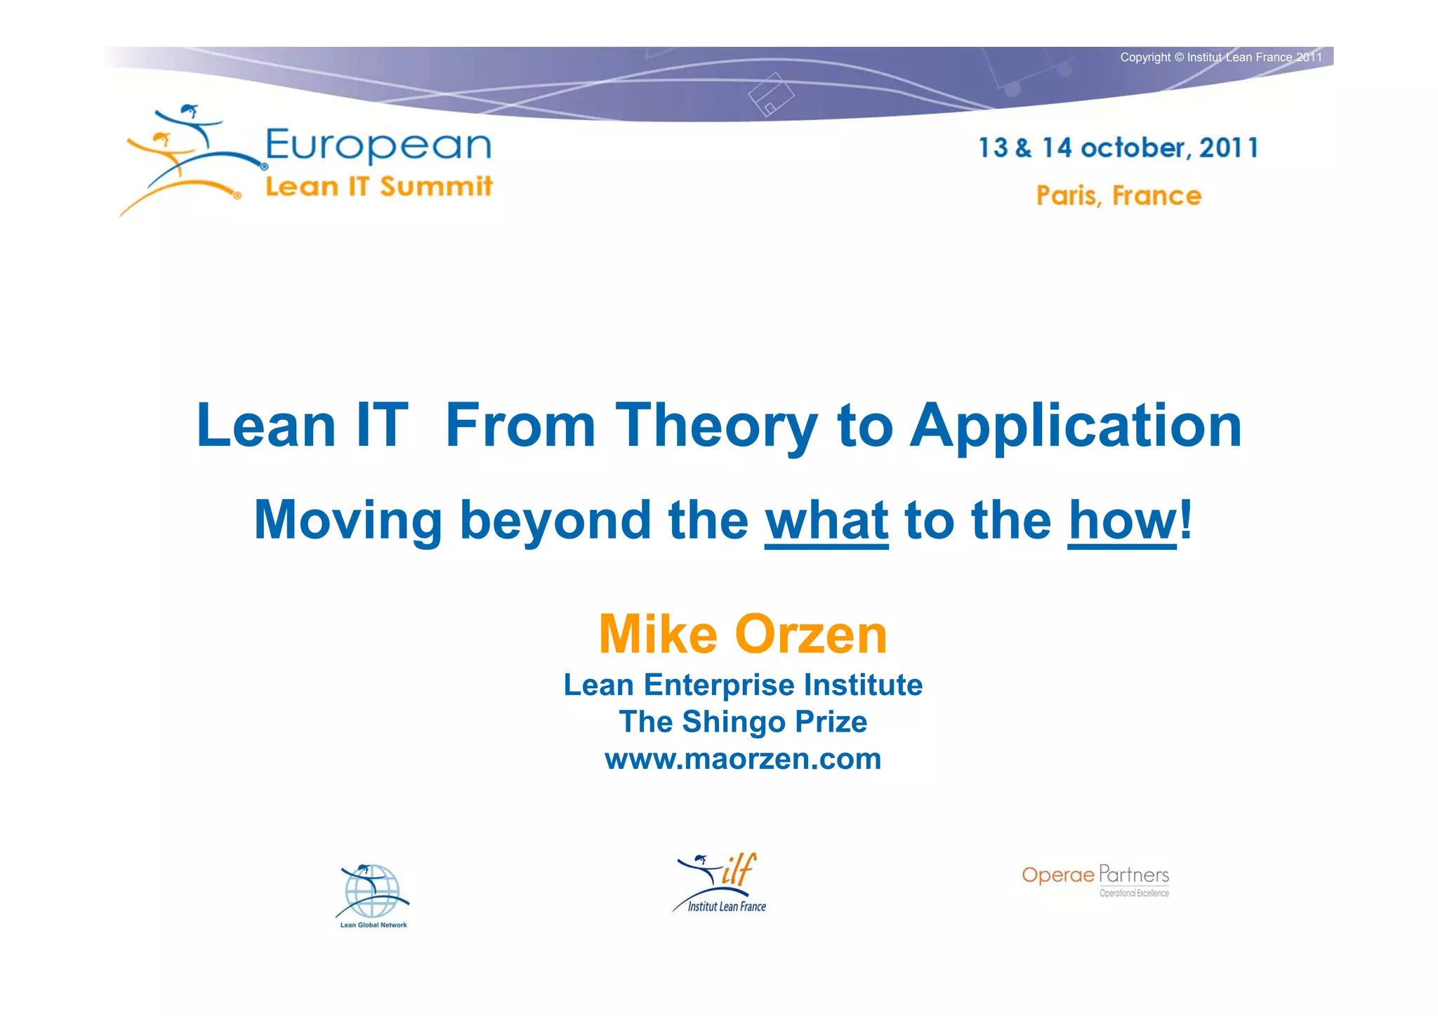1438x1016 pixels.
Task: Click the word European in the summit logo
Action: click(x=378, y=146)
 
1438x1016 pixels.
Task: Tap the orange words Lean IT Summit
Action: click(x=378, y=187)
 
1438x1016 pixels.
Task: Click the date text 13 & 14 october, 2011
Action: click(x=1118, y=148)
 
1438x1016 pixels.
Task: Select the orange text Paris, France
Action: click(x=1119, y=195)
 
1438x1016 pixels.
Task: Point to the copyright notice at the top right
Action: click(x=1220, y=58)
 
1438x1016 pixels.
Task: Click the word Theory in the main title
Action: click(x=716, y=425)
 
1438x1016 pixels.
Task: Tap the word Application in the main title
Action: click(x=1076, y=425)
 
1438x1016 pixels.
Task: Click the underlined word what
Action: click(x=826, y=521)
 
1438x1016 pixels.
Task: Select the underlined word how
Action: click(x=1121, y=521)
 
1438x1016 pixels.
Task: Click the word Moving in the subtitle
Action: click(x=348, y=521)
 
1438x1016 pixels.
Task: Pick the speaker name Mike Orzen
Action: click(x=743, y=634)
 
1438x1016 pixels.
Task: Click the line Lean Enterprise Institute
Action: click(x=743, y=685)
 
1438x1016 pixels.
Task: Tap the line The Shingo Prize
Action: click(x=743, y=722)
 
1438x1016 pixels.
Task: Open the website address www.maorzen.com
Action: click(x=743, y=759)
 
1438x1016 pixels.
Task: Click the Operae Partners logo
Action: click(x=1095, y=879)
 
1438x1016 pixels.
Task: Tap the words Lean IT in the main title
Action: click(x=302, y=425)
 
